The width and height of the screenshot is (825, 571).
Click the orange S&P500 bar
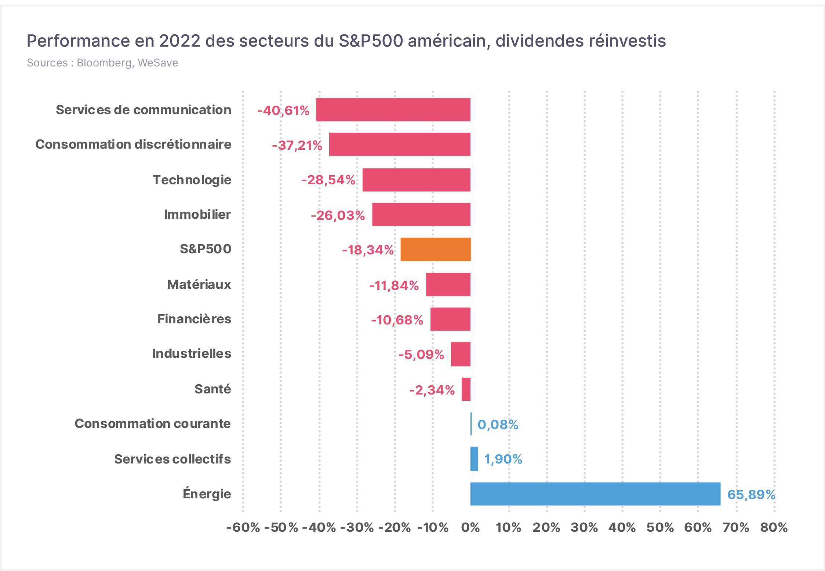[436, 250]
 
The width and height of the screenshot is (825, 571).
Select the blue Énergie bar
[596, 494]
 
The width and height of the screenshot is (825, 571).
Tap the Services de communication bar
[393, 110]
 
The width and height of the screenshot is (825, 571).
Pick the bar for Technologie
[417, 180]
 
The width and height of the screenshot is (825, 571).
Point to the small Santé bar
[466, 389]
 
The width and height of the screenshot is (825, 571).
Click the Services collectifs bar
[475, 459]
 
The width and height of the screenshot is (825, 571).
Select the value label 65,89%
[751, 495]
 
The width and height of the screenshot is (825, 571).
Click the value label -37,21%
[297, 145]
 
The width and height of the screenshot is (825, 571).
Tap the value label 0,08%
[498, 425]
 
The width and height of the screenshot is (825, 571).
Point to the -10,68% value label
[397, 320]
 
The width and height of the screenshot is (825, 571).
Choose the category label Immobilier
[197, 214]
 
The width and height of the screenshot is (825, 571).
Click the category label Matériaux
[199, 284]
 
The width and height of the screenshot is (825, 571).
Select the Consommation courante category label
[153, 423]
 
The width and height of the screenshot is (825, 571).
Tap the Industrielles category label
[192, 353]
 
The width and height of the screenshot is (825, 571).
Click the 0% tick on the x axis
[470, 528]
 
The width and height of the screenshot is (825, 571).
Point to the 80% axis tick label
[774, 528]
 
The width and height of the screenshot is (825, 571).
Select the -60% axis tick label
[243, 528]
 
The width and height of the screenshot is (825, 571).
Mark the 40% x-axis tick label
[622, 528]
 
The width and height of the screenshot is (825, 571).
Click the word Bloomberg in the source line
[104, 63]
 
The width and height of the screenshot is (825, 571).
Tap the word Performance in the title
[78, 41]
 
